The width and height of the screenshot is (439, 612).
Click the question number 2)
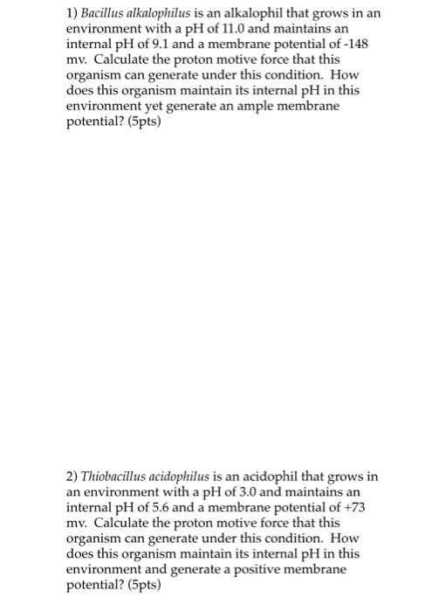(72, 476)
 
